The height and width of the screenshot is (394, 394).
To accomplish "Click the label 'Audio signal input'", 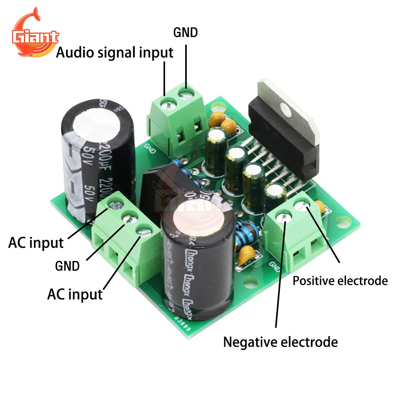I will coord(115,52).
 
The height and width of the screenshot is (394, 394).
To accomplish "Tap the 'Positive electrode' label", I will coord(340,281).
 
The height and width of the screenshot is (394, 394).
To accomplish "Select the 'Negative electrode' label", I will coord(281,342).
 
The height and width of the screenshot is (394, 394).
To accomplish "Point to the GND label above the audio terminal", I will coord(186,32).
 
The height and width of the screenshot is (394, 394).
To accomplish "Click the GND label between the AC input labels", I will coord(67,266).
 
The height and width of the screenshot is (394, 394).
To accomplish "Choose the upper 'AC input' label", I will coord(36,243).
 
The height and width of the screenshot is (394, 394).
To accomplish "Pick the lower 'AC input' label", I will coord(75,294).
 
